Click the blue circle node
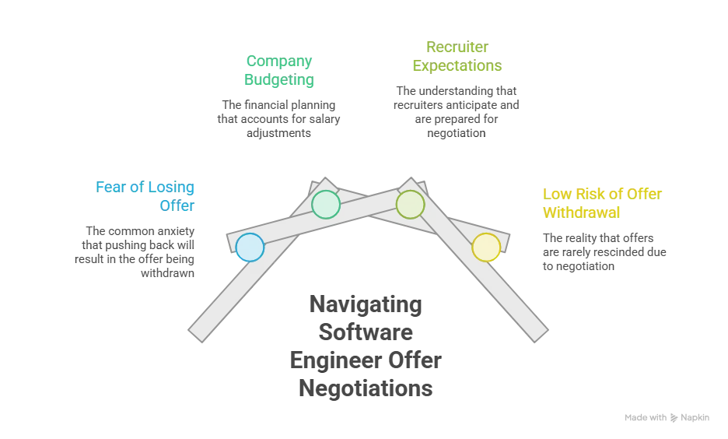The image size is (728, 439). click(x=250, y=248)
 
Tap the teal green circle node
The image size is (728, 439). click(x=326, y=205)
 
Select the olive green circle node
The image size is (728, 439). click(x=410, y=205)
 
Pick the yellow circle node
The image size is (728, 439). click(x=486, y=248)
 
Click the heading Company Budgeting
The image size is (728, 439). click(x=279, y=70)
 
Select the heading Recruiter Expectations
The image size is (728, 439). click(x=457, y=56)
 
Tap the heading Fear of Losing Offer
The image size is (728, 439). click(x=145, y=196)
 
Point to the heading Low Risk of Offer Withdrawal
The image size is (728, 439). click(x=602, y=203)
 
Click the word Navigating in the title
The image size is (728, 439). click(x=366, y=305)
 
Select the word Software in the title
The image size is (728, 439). click(x=366, y=332)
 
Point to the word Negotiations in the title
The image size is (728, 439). click(x=366, y=388)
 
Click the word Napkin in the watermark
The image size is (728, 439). click(x=695, y=418)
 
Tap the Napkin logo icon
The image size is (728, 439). click(x=674, y=418)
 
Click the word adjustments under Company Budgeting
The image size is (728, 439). click(x=278, y=133)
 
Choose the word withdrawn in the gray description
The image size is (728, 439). click(x=167, y=273)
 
